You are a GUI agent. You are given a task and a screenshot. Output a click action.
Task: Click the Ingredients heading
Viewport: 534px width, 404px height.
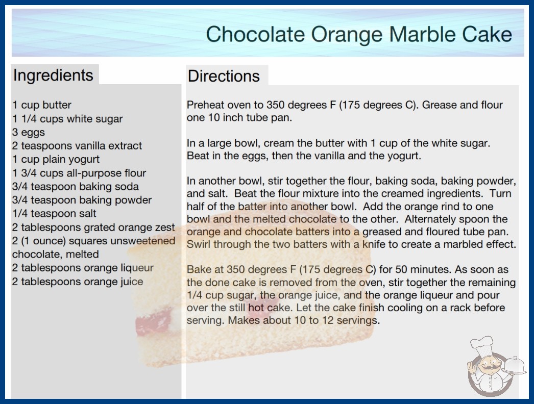coord(53,75)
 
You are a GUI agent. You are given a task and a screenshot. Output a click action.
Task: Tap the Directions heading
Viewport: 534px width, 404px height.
coord(224,76)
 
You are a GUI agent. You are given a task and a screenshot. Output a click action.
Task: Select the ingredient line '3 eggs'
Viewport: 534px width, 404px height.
coord(29,133)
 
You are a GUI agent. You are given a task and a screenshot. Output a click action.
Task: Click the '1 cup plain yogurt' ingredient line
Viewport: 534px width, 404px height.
coord(56,159)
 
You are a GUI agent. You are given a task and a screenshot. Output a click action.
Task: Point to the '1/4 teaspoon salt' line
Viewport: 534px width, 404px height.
coord(54,213)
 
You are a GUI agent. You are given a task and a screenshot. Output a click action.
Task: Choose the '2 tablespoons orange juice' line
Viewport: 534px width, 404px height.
coord(78,282)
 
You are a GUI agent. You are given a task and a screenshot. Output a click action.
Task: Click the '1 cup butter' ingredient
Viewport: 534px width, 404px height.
coord(42,105)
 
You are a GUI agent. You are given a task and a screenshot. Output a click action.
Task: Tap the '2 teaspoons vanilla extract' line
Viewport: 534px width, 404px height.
coord(77,146)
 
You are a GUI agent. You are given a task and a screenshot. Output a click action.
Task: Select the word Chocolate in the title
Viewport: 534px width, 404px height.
coord(255,34)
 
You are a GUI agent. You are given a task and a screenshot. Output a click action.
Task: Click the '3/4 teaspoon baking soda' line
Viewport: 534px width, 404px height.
coord(75,187)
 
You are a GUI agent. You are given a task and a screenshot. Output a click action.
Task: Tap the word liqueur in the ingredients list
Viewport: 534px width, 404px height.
coord(137,268)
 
